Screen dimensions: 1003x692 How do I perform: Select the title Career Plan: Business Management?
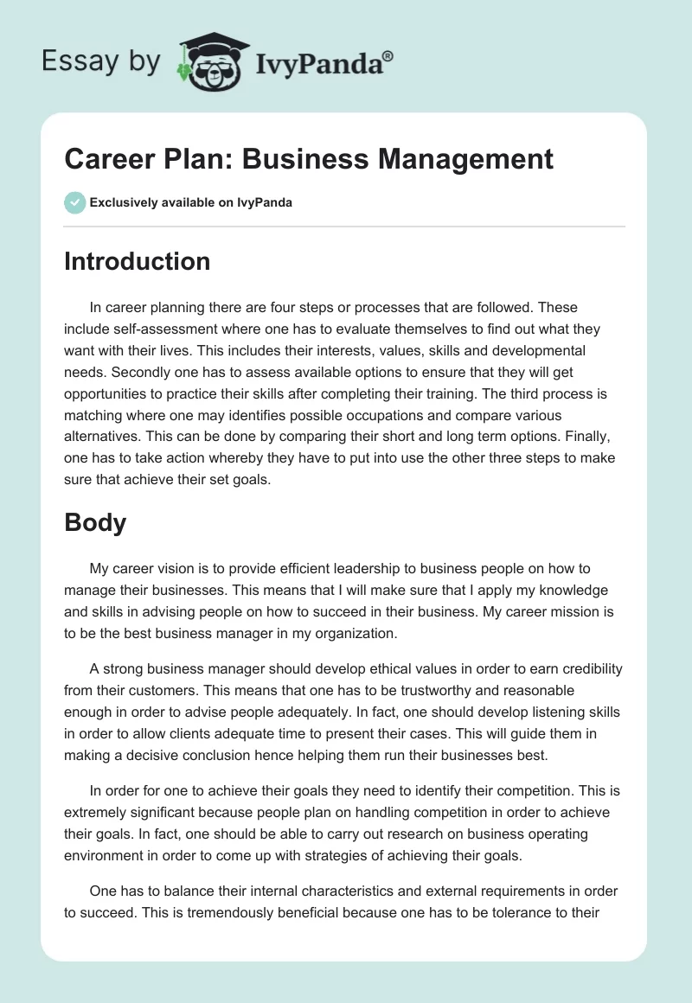[x=309, y=160]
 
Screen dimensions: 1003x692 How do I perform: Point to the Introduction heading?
[x=137, y=261]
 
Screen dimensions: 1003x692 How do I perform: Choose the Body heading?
[x=95, y=521]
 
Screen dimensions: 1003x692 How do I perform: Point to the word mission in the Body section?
[x=557, y=611]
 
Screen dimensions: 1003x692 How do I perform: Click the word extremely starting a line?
[x=99, y=812]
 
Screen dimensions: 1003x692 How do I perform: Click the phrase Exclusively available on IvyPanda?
[x=191, y=202]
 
